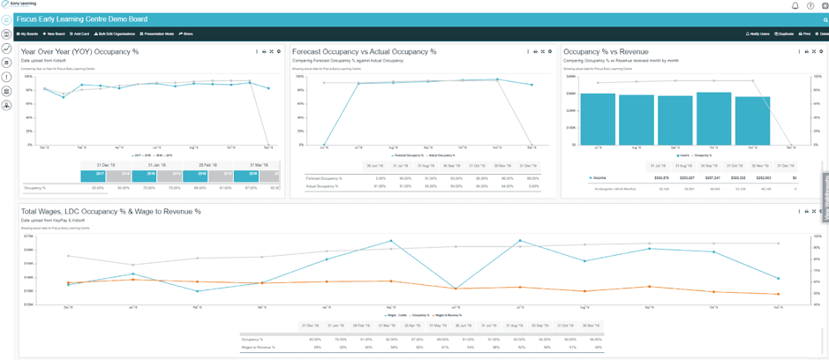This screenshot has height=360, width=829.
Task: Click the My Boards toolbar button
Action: click(28, 34)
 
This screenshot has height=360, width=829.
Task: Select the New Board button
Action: click(55, 34)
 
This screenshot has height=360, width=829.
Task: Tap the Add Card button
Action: click(79, 34)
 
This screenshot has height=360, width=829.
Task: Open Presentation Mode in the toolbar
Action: click(157, 34)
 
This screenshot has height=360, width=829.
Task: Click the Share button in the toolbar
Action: click(186, 34)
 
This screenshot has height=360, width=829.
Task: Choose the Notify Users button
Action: click(758, 34)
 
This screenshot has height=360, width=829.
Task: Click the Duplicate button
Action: click(784, 34)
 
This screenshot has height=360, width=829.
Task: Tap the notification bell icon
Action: click(795, 5)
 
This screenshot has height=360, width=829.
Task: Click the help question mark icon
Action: click(810, 5)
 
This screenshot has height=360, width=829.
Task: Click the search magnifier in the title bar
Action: click(825, 19)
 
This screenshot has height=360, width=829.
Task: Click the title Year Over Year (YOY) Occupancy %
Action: click(79, 52)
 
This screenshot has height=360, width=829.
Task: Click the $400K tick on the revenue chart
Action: click(571, 77)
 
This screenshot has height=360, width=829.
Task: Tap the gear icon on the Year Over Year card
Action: click(279, 52)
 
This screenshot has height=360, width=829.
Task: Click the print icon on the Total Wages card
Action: click(807, 212)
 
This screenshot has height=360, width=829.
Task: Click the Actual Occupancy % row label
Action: click(323, 186)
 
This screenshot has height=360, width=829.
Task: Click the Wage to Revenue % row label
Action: click(258, 347)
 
